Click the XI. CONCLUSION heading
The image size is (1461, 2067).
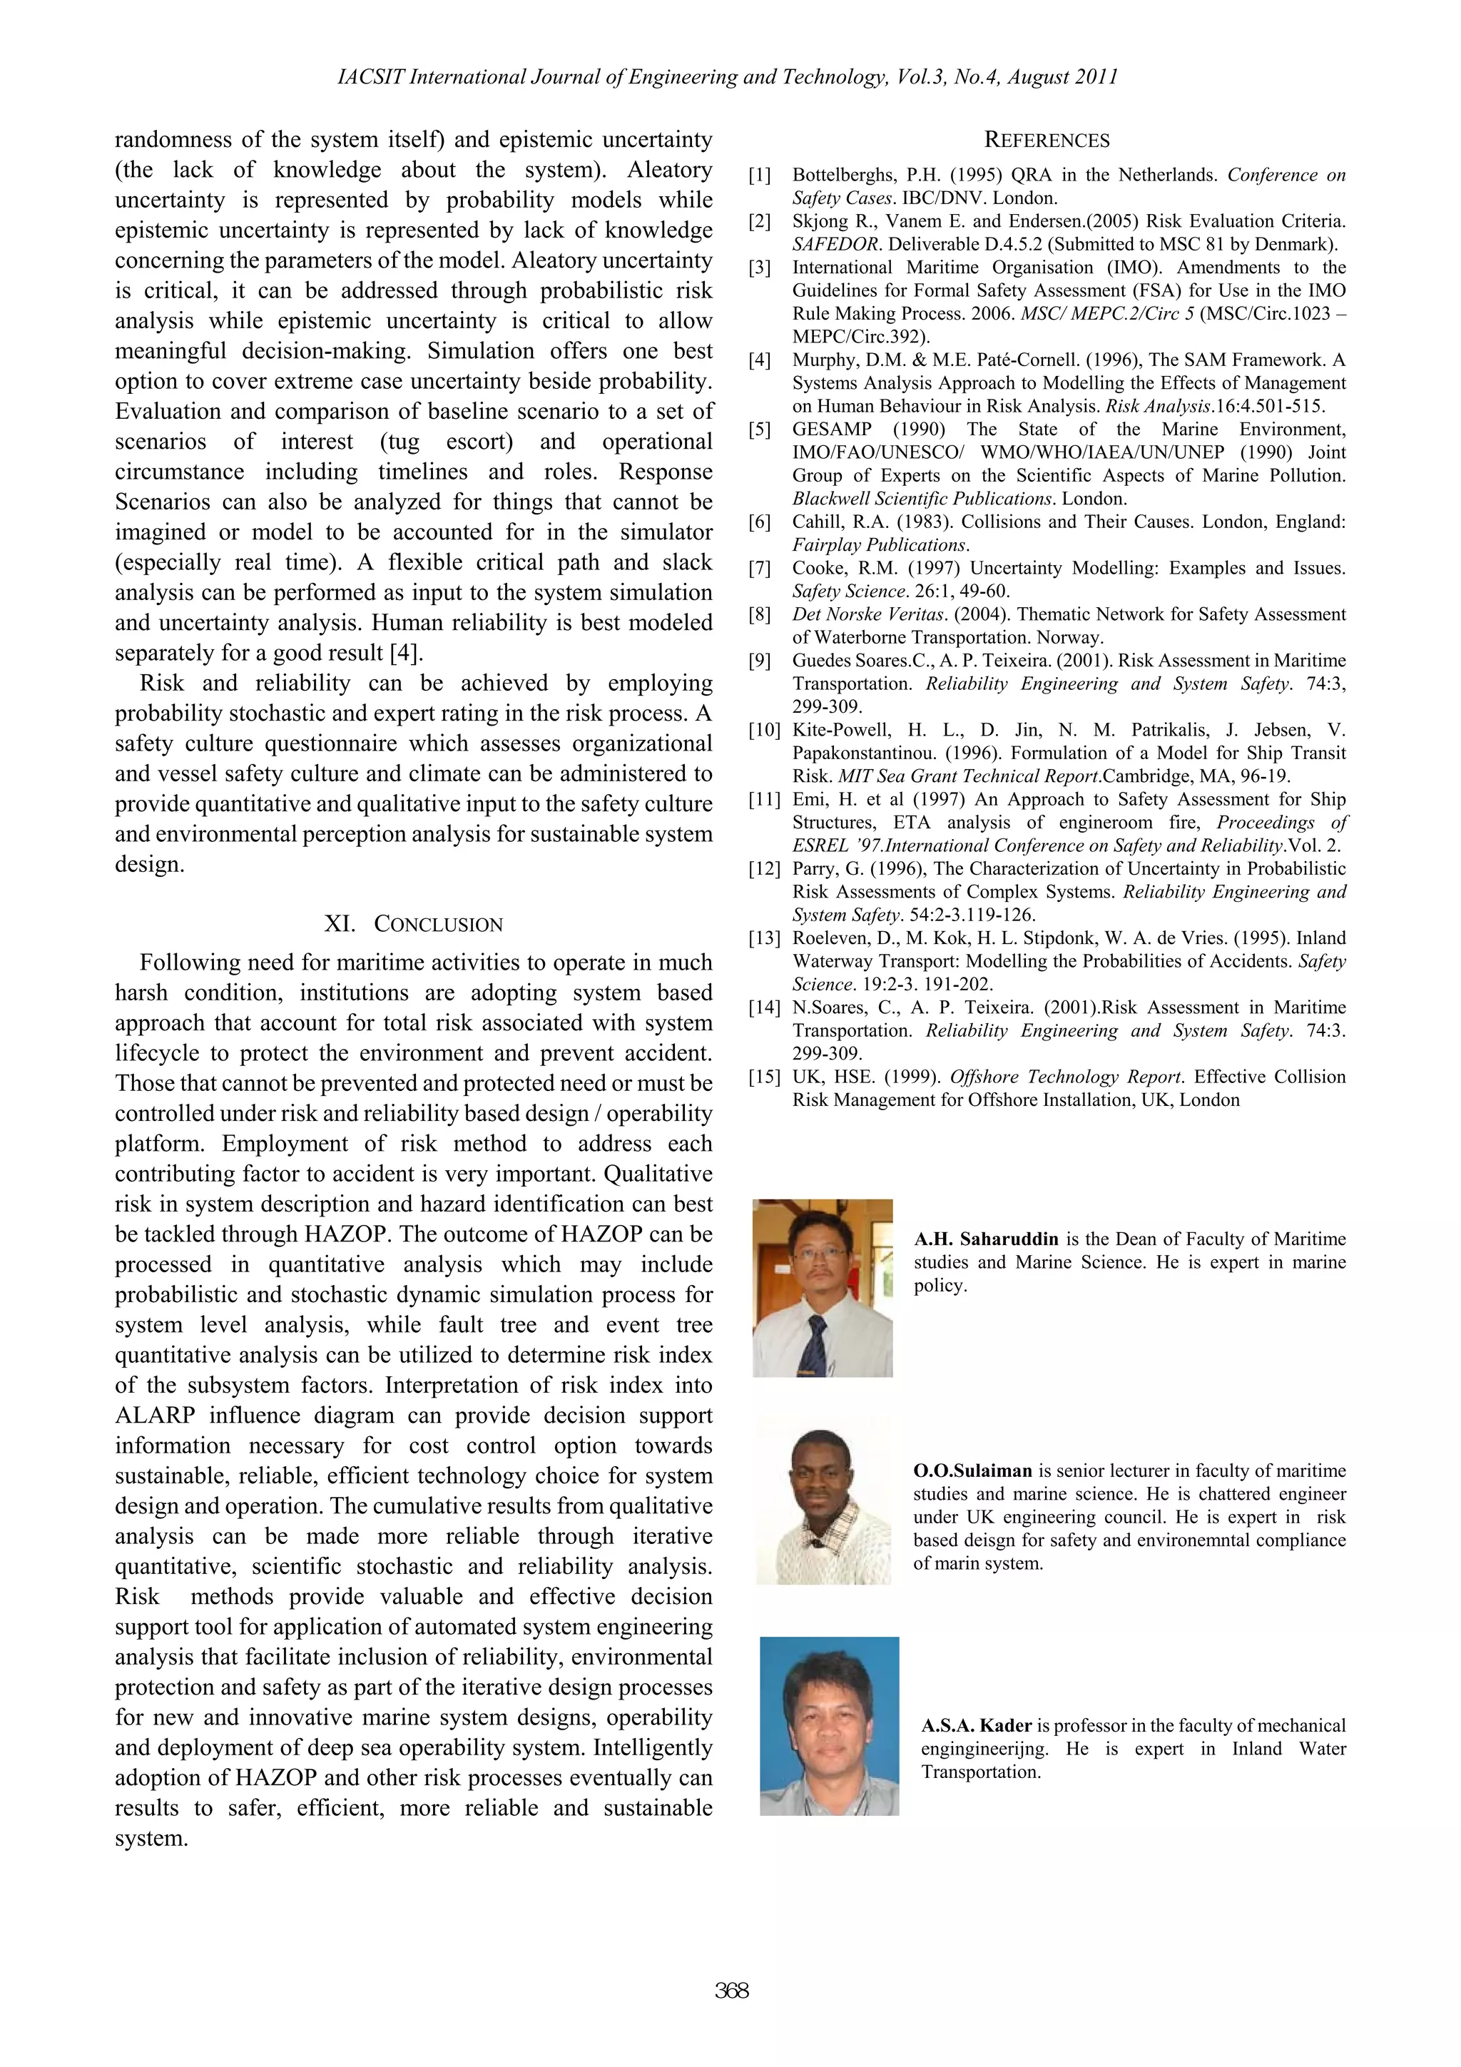(413, 925)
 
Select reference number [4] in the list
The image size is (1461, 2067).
(760, 361)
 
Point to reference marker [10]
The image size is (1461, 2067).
(763, 730)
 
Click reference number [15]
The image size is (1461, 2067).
(763, 1077)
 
